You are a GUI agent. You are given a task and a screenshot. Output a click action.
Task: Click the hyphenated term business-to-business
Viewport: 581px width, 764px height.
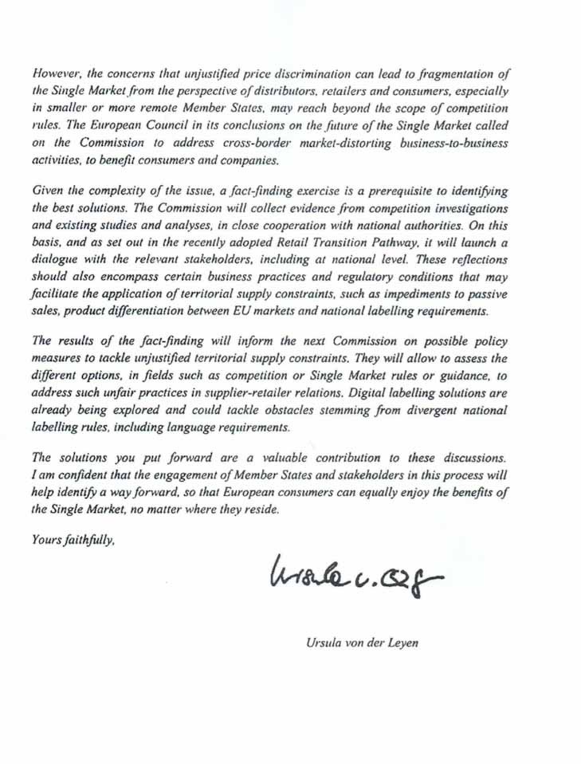[449, 143]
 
